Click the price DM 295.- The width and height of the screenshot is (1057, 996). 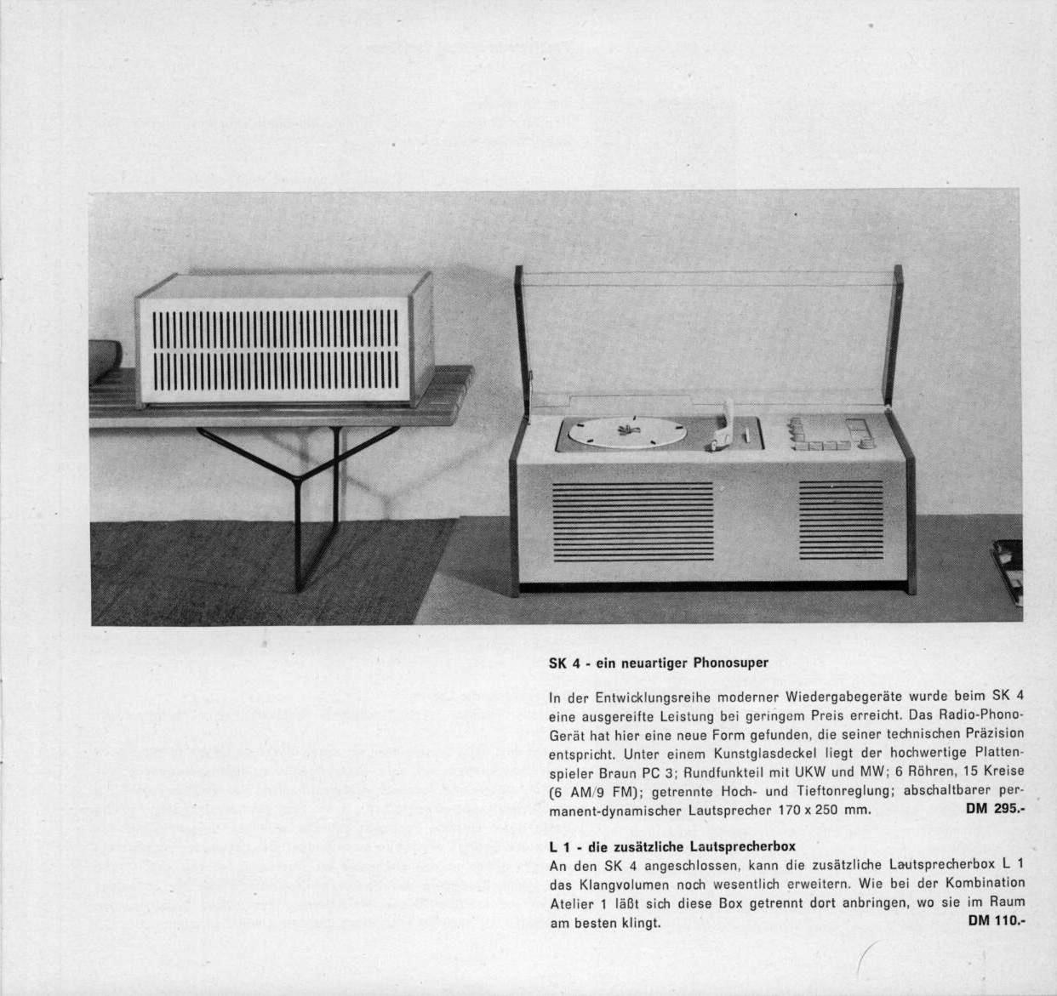coord(995,809)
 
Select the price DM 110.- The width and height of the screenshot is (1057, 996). coord(997,920)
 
